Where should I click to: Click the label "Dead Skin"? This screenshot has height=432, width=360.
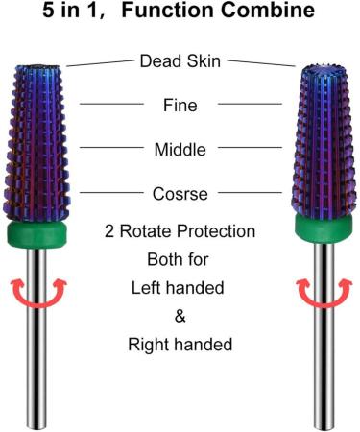[180, 60]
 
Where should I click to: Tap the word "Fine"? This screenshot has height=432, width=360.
[180, 104]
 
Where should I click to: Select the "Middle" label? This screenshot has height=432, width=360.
[180, 149]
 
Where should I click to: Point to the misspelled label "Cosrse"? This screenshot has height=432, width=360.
[180, 194]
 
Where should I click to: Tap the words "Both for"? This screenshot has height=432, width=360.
[180, 259]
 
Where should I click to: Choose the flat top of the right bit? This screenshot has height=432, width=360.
[317, 69]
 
